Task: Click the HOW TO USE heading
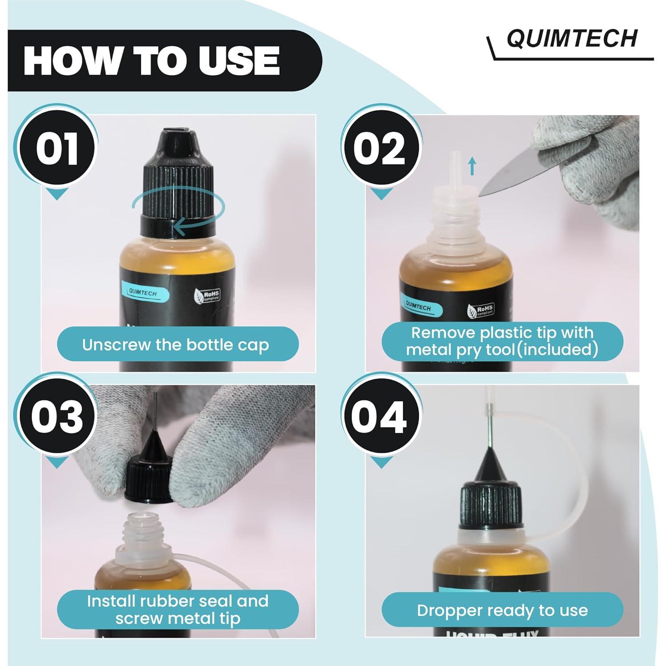tap(152, 61)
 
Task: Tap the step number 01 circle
tap(57, 149)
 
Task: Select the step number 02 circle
tap(381, 149)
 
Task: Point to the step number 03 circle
tap(57, 417)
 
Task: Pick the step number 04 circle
tap(381, 417)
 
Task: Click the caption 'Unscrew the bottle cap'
tap(176, 345)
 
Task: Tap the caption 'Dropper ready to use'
tap(502, 610)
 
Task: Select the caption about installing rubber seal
tap(178, 609)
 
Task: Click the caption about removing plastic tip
tap(502, 341)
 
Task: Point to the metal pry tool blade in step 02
tap(511, 175)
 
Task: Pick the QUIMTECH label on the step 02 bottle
tap(418, 306)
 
